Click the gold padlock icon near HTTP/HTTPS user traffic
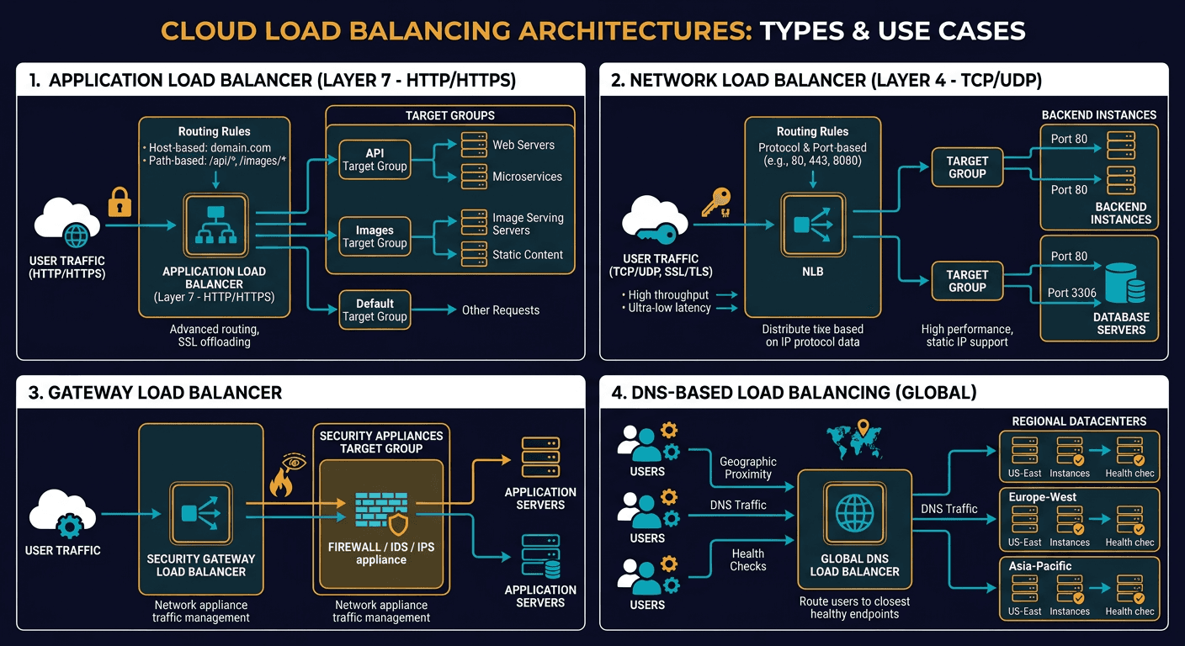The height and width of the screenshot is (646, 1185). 118,202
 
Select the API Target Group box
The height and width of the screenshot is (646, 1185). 375,160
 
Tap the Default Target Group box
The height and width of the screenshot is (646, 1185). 375,310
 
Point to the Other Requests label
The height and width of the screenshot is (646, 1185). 500,310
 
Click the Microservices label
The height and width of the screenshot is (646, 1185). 527,177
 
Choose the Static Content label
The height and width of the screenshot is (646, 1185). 527,254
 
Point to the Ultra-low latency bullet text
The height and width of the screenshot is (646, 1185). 669,309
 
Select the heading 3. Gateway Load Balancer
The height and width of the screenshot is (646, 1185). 155,393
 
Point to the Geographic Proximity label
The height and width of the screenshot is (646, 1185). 747,468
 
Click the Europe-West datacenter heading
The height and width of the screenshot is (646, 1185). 1042,497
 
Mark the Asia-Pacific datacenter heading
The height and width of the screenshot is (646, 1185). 1039,566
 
